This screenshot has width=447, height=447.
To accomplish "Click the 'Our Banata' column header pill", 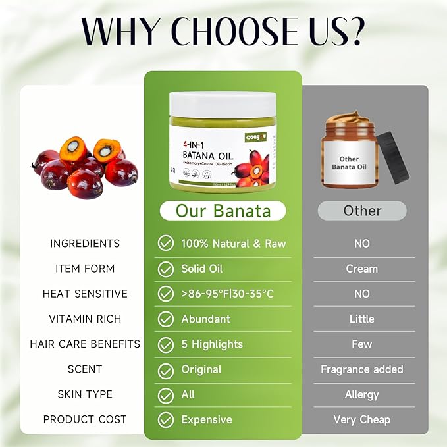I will tap(223, 211).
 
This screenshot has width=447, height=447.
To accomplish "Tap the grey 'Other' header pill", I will tap(362, 211).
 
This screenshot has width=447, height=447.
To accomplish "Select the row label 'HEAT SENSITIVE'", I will tap(85, 294).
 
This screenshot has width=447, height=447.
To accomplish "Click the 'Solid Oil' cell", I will tap(202, 269).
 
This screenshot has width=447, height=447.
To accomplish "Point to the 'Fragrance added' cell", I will tap(361, 369).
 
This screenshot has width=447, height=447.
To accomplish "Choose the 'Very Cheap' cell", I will tap(361, 419).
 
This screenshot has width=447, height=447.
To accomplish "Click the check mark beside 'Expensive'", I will tap(165, 420).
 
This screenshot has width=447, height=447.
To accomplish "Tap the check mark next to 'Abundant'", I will tap(165, 319).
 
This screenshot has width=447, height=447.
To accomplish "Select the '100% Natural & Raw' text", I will tap(233, 244).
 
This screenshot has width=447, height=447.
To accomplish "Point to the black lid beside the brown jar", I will tap(393, 155).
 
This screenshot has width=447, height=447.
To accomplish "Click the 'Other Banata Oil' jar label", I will tap(349, 163).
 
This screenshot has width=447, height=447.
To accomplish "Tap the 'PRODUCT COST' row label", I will tap(85, 419).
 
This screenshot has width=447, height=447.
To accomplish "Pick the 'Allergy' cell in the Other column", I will tap(361, 394).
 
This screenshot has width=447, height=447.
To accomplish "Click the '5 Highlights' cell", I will tap(212, 344).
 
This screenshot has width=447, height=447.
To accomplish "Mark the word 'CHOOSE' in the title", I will tap(226, 32).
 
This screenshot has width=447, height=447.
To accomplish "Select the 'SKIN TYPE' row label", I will tap(85, 394).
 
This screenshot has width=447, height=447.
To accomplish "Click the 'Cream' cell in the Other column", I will tap(361, 269).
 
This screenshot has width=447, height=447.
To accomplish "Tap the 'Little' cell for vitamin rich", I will tap(361, 319).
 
